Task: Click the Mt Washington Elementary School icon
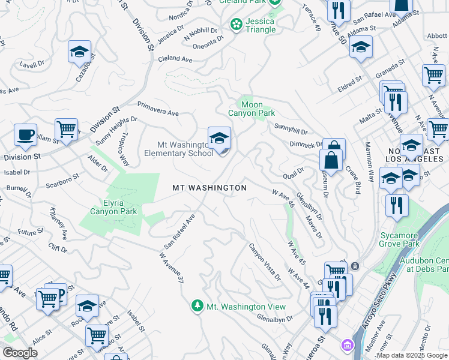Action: tap(219, 138)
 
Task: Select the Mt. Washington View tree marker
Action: tap(197, 307)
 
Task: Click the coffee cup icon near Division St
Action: tap(25, 135)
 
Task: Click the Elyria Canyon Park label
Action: tap(113, 206)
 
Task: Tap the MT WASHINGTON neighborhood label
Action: tap(209, 188)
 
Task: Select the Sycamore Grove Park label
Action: tap(408, 239)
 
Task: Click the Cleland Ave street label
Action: tap(175, 59)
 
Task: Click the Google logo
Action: tap(20, 353)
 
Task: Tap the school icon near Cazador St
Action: tap(79, 52)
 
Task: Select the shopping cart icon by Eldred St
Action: tap(433, 75)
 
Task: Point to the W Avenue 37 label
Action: tap(171, 267)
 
